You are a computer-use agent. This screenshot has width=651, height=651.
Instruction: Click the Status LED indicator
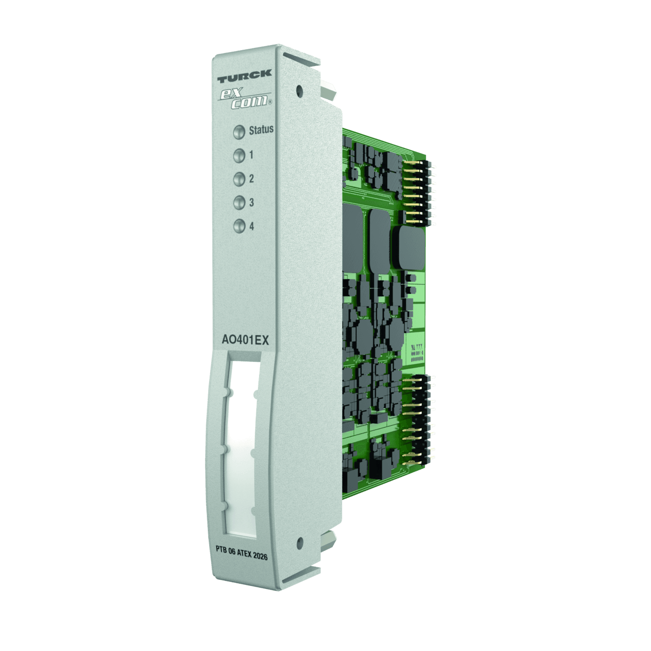pyautogui.click(x=239, y=132)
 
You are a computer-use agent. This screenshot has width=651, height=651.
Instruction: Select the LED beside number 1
pyautogui.click(x=239, y=155)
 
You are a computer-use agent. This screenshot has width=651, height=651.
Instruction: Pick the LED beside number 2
pyautogui.click(x=239, y=179)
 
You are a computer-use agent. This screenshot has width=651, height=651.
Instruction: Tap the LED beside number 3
pyautogui.click(x=239, y=203)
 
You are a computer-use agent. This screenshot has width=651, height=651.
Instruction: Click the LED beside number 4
pyautogui.click(x=239, y=226)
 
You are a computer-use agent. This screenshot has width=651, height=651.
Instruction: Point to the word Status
pyautogui.click(x=261, y=130)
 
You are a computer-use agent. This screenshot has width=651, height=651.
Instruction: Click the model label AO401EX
pyautogui.click(x=245, y=340)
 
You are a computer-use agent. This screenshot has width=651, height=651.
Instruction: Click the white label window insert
pyautogui.click(x=242, y=446)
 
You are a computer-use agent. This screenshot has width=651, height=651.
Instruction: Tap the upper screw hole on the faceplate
pyautogui.click(x=299, y=89)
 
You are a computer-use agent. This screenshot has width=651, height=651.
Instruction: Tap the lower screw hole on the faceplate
pyautogui.click(x=299, y=541)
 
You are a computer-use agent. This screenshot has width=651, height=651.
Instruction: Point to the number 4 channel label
pyautogui.click(x=252, y=226)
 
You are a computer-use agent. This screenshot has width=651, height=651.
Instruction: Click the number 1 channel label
pyautogui.click(x=252, y=155)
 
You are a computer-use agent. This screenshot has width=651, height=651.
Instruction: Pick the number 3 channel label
pyautogui.click(x=252, y=203)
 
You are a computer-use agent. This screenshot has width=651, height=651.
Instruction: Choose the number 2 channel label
pyautogui.click(x=252, y=179)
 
